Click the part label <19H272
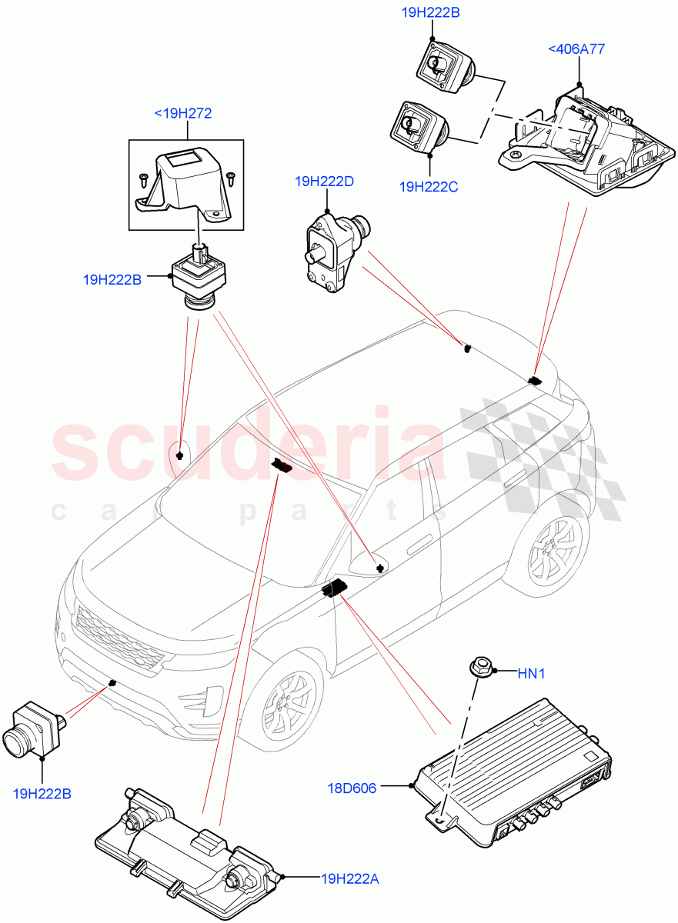(182, 114)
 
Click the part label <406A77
(576, 49)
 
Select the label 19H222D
(324, 182)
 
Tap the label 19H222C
(429, 186)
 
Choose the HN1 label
(531, 674)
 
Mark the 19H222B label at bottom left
(42, 793)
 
